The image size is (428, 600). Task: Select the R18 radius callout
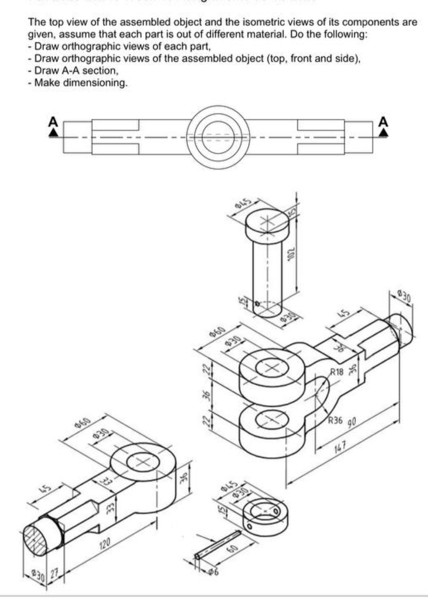tap(337, 371)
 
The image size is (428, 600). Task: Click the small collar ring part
tap(265, 513)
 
